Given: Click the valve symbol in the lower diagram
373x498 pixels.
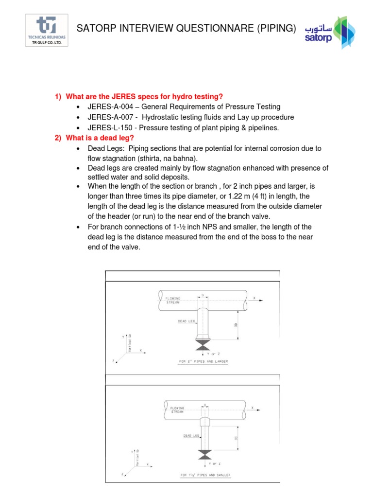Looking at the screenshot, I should (x=205, y=454).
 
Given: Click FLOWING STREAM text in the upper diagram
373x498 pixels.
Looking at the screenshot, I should (x=173, y=300).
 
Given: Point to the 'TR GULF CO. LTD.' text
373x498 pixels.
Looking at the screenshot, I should (x=46, y=42).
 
